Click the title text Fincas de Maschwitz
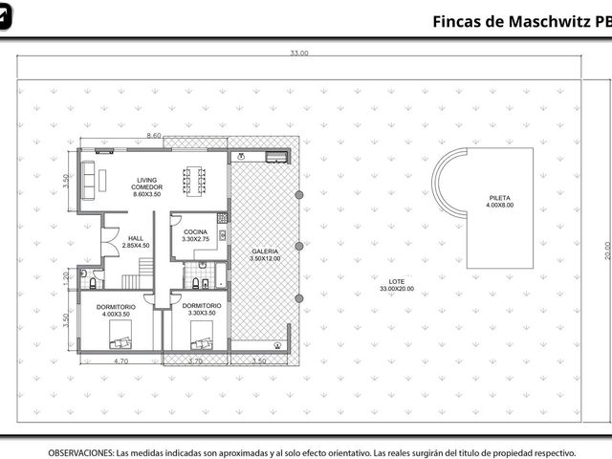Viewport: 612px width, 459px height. tap(512, 21)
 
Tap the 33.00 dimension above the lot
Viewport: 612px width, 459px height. tap(299, 54)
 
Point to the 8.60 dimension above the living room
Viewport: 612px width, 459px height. tap(154, 136)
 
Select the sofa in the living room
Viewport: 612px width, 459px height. tap(88, 181)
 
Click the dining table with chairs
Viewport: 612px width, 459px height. tap(194, 181)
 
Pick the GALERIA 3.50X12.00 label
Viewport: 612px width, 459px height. tap(265, 255)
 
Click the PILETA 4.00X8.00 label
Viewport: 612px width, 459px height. tap(499, 202)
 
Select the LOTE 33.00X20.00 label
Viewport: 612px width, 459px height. tap(397, 285)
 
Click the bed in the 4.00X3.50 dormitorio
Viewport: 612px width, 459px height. tap(120, 335)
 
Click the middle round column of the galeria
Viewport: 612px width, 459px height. tap(299, 246)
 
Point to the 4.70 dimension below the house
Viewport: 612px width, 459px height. tap(121, 361)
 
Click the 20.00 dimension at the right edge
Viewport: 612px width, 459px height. tap(607, 251)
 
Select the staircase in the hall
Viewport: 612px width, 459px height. tap(138, 273)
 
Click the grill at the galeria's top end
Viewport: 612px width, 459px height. tap(276, 157)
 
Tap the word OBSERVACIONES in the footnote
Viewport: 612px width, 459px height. tap(81, 453)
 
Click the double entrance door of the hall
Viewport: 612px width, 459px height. tap(111, 242)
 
